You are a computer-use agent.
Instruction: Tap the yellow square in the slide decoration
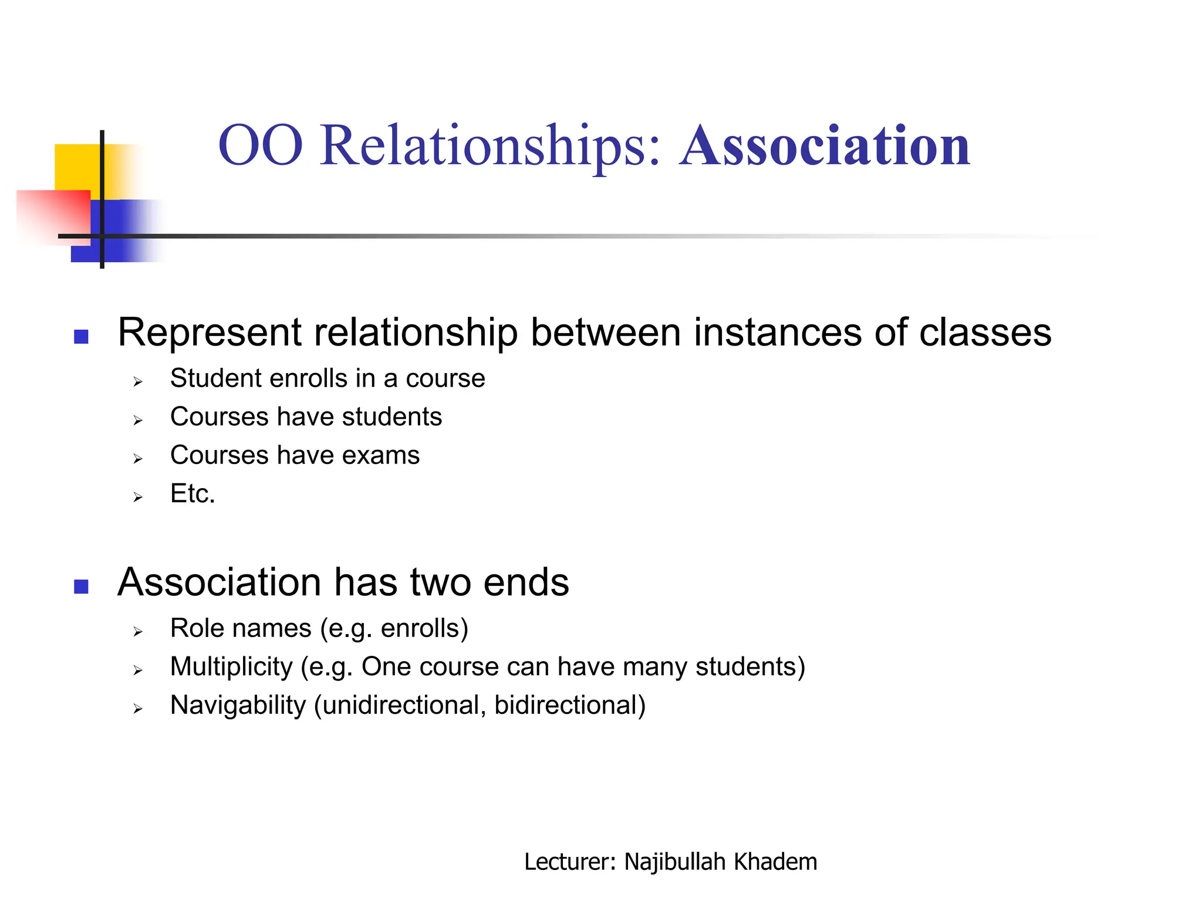[79, 167]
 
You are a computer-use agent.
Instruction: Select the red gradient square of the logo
[53, 214]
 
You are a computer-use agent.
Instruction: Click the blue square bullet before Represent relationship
[81, 337]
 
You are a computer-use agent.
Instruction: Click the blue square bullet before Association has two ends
[81, 587]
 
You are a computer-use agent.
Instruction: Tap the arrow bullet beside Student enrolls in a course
[138, 382]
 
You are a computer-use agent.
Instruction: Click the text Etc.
[193, 494]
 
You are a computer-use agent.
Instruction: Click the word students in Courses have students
[391, 417]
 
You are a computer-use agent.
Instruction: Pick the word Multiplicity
[231, 667]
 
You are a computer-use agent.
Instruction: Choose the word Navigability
[238, 706]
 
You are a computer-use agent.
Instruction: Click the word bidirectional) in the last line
[569, 706]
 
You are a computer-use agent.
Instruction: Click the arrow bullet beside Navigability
[138, 709]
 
